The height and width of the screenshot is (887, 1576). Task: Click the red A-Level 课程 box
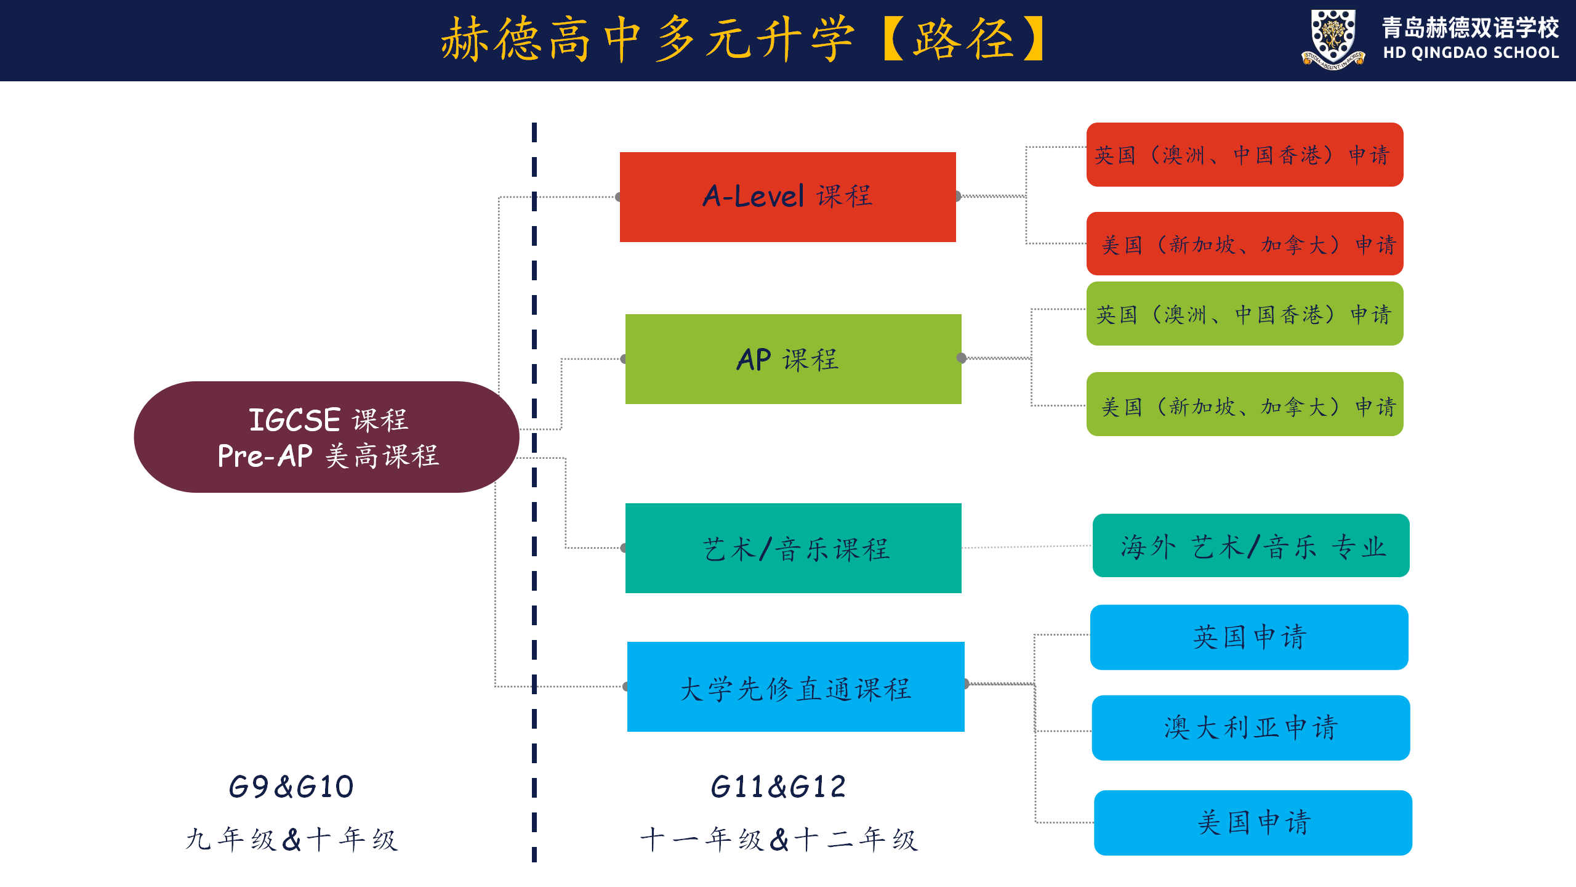click(x=787, y=197)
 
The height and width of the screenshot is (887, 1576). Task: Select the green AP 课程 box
click(x=793, y=359)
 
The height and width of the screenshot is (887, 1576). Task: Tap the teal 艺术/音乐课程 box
click(x=793, y=548)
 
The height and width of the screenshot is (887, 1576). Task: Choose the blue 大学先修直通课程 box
click(x=795, y=687)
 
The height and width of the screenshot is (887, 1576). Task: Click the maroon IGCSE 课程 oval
click(x=326, y=437)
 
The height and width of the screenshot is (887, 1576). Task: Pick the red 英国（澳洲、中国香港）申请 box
click(x=1244, y=155)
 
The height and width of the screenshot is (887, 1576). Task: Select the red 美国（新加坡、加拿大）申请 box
click(x=1244, y=244)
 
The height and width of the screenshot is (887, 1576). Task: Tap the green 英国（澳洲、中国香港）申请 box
click(x=1244, y=314)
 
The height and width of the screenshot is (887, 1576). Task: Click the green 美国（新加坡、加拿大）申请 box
click(x=1244, y=405)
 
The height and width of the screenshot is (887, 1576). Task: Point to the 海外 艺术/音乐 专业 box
click(x=1250, y=546)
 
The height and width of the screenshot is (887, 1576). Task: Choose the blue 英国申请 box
click(x=1249, y=637)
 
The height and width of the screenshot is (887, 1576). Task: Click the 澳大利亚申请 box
click(x=1250, y=727)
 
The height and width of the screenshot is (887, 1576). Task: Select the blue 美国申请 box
click(x=1253, y=822)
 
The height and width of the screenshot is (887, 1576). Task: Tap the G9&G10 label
click(x=291, y=787)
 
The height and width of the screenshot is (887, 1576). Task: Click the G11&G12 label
click(x=778, y=787)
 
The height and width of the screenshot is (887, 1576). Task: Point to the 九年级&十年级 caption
click(x=291, y=840)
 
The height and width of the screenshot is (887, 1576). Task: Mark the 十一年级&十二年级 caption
click(x=778, y=840)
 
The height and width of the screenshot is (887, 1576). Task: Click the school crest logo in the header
click(x=1333, y=39)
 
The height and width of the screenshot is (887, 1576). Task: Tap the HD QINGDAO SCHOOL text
click(x=1471, y=53)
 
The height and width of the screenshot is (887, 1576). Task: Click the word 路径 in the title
click(x=963, y=39)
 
